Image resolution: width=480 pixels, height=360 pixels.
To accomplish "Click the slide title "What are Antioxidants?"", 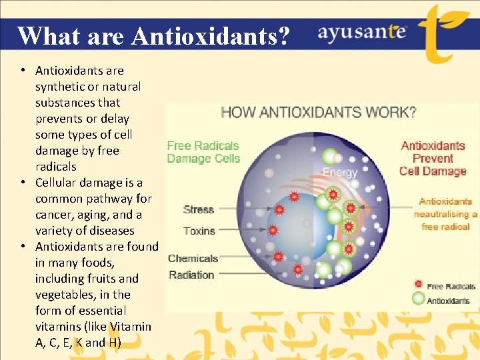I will coord(153,35).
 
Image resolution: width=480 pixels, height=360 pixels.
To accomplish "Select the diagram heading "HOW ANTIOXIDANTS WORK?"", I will coord(318,112).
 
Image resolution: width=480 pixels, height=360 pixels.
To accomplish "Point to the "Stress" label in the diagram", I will coord(199,209).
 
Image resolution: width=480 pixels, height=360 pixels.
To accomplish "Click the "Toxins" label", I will coord(199,231).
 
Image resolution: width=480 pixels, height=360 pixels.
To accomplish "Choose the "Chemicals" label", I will coord(193,258).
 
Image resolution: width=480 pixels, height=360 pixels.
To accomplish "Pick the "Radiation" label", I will coord(191,275).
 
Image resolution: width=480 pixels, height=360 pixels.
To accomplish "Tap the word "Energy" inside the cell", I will coord(340,172).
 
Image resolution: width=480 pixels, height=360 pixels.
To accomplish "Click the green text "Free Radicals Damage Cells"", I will coord(203,152).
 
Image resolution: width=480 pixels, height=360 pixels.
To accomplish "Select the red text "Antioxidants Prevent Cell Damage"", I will coord(433,158).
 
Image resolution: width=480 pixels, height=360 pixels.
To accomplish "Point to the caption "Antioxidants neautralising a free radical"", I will coord(445,214).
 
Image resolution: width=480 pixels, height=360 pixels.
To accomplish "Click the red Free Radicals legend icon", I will coord(418,285).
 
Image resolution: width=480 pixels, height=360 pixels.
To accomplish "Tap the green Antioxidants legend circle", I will coord(418,299).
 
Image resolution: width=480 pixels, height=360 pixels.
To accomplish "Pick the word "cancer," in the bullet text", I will coord(53,215).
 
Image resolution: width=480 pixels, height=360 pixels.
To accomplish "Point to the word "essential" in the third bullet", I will coord(101,311).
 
